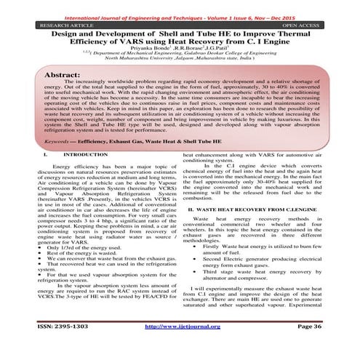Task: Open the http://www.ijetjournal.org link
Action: coord(185,347)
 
